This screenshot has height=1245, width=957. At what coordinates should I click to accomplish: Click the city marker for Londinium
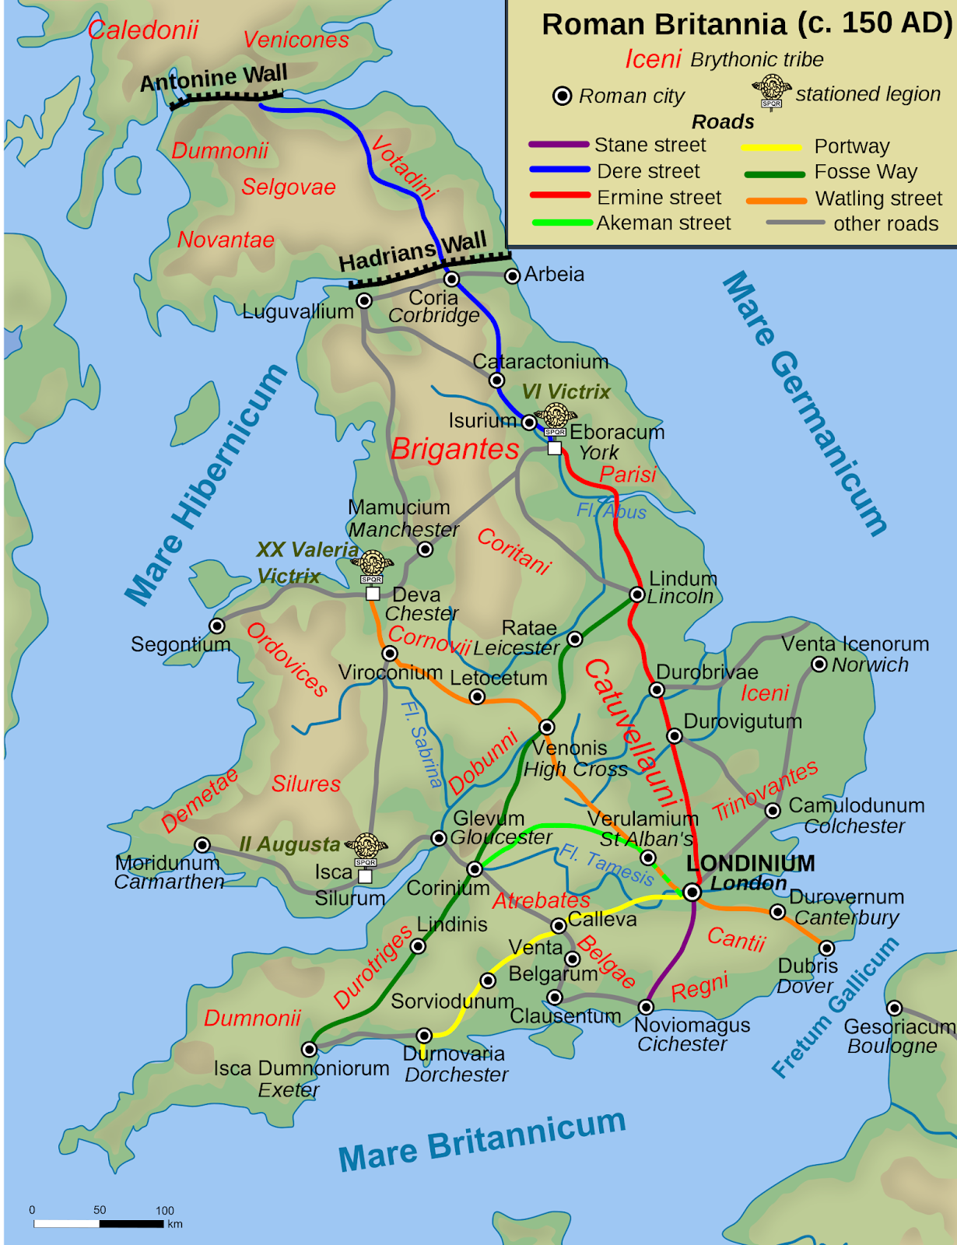pyautogui.click(x=692, y=893)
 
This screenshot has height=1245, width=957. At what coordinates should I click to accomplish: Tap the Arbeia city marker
pyautogui.click(x=512, y=276)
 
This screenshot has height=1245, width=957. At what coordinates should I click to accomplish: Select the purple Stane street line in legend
pyautogui.click(x=559, y=145)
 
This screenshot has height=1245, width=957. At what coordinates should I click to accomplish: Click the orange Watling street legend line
pyautogui.click(x=776, y=200)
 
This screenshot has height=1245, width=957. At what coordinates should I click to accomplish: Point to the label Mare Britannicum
pyautogui.click(x=482, y=1140)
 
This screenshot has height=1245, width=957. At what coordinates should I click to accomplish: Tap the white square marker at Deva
pyautogui.click(x=373, y=594)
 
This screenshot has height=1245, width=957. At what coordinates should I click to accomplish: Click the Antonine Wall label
pyautogui.click(x=214, y=78)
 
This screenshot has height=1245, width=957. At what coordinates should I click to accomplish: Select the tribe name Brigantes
pyautogui.click(x=455, y=449)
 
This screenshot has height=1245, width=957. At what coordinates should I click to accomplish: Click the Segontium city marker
pyautogui.click(x=217, y=626)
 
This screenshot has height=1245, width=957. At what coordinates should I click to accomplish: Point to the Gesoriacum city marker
pyautogui.click(x=895, y=1008)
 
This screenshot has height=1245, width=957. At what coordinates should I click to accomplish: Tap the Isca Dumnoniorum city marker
pyautogui.click(x=309, y=1049)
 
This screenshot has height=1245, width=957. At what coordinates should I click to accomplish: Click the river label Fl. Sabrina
pyautogui.click(x=421, y=744)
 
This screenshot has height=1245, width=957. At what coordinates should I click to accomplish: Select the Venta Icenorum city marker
pyautogui.click(x=819, y=664)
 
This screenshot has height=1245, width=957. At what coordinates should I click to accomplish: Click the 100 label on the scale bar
pyautogui.click(x=165, y=1211)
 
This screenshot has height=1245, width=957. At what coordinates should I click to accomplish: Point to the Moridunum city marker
pyautogui.click(x=202, y=845)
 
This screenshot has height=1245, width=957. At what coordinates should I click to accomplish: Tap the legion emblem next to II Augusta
pyautogui.click(x=366, y=847)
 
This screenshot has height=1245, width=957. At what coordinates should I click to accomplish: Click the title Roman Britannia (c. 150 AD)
pyautogui.click(x=746, y=24)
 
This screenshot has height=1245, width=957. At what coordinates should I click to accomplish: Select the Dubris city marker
pyautogui.click(x=826, y=948)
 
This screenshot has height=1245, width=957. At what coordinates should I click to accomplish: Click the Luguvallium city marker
pyautogui.click(x=364, y=300)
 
